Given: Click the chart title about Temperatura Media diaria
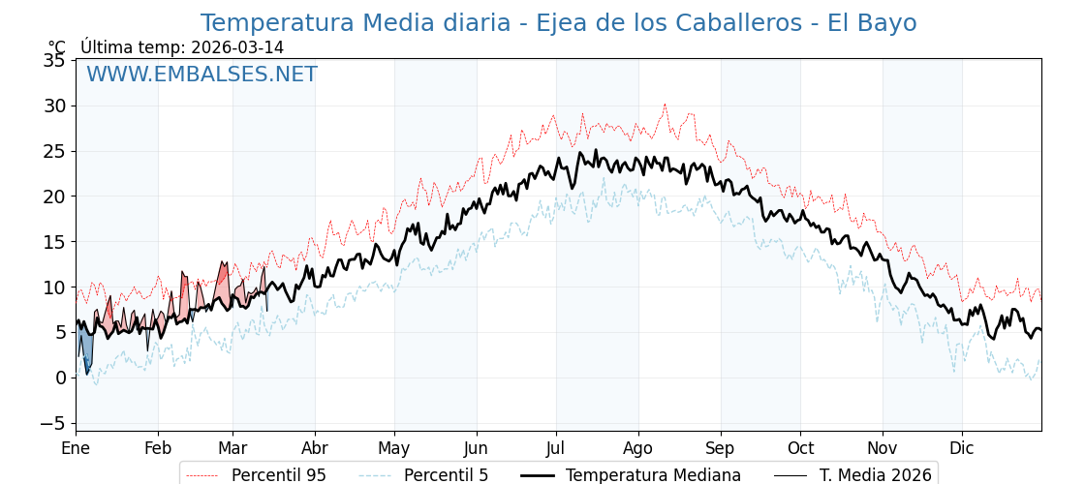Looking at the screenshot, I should (558, 23).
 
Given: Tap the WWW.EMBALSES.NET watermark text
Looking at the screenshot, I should (201, 75).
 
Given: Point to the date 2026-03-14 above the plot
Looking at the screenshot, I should (237, 47).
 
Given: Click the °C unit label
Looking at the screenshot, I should (57, 47).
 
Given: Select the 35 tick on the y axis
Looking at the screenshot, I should (54, 60).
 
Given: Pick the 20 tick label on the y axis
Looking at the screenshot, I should (54, 197).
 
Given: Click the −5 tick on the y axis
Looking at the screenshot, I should (50, 423).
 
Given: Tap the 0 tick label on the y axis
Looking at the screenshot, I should (60, 378).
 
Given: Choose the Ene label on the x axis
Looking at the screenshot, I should (76, 448).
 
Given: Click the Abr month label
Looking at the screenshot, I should (315, 448).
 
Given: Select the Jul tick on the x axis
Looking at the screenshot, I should (556, 448).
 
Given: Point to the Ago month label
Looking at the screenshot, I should (638, 448).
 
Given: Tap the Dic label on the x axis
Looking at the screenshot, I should (962, 448).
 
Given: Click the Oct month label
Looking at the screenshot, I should (800, 448).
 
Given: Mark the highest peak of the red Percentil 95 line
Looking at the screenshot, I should (665, 105).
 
